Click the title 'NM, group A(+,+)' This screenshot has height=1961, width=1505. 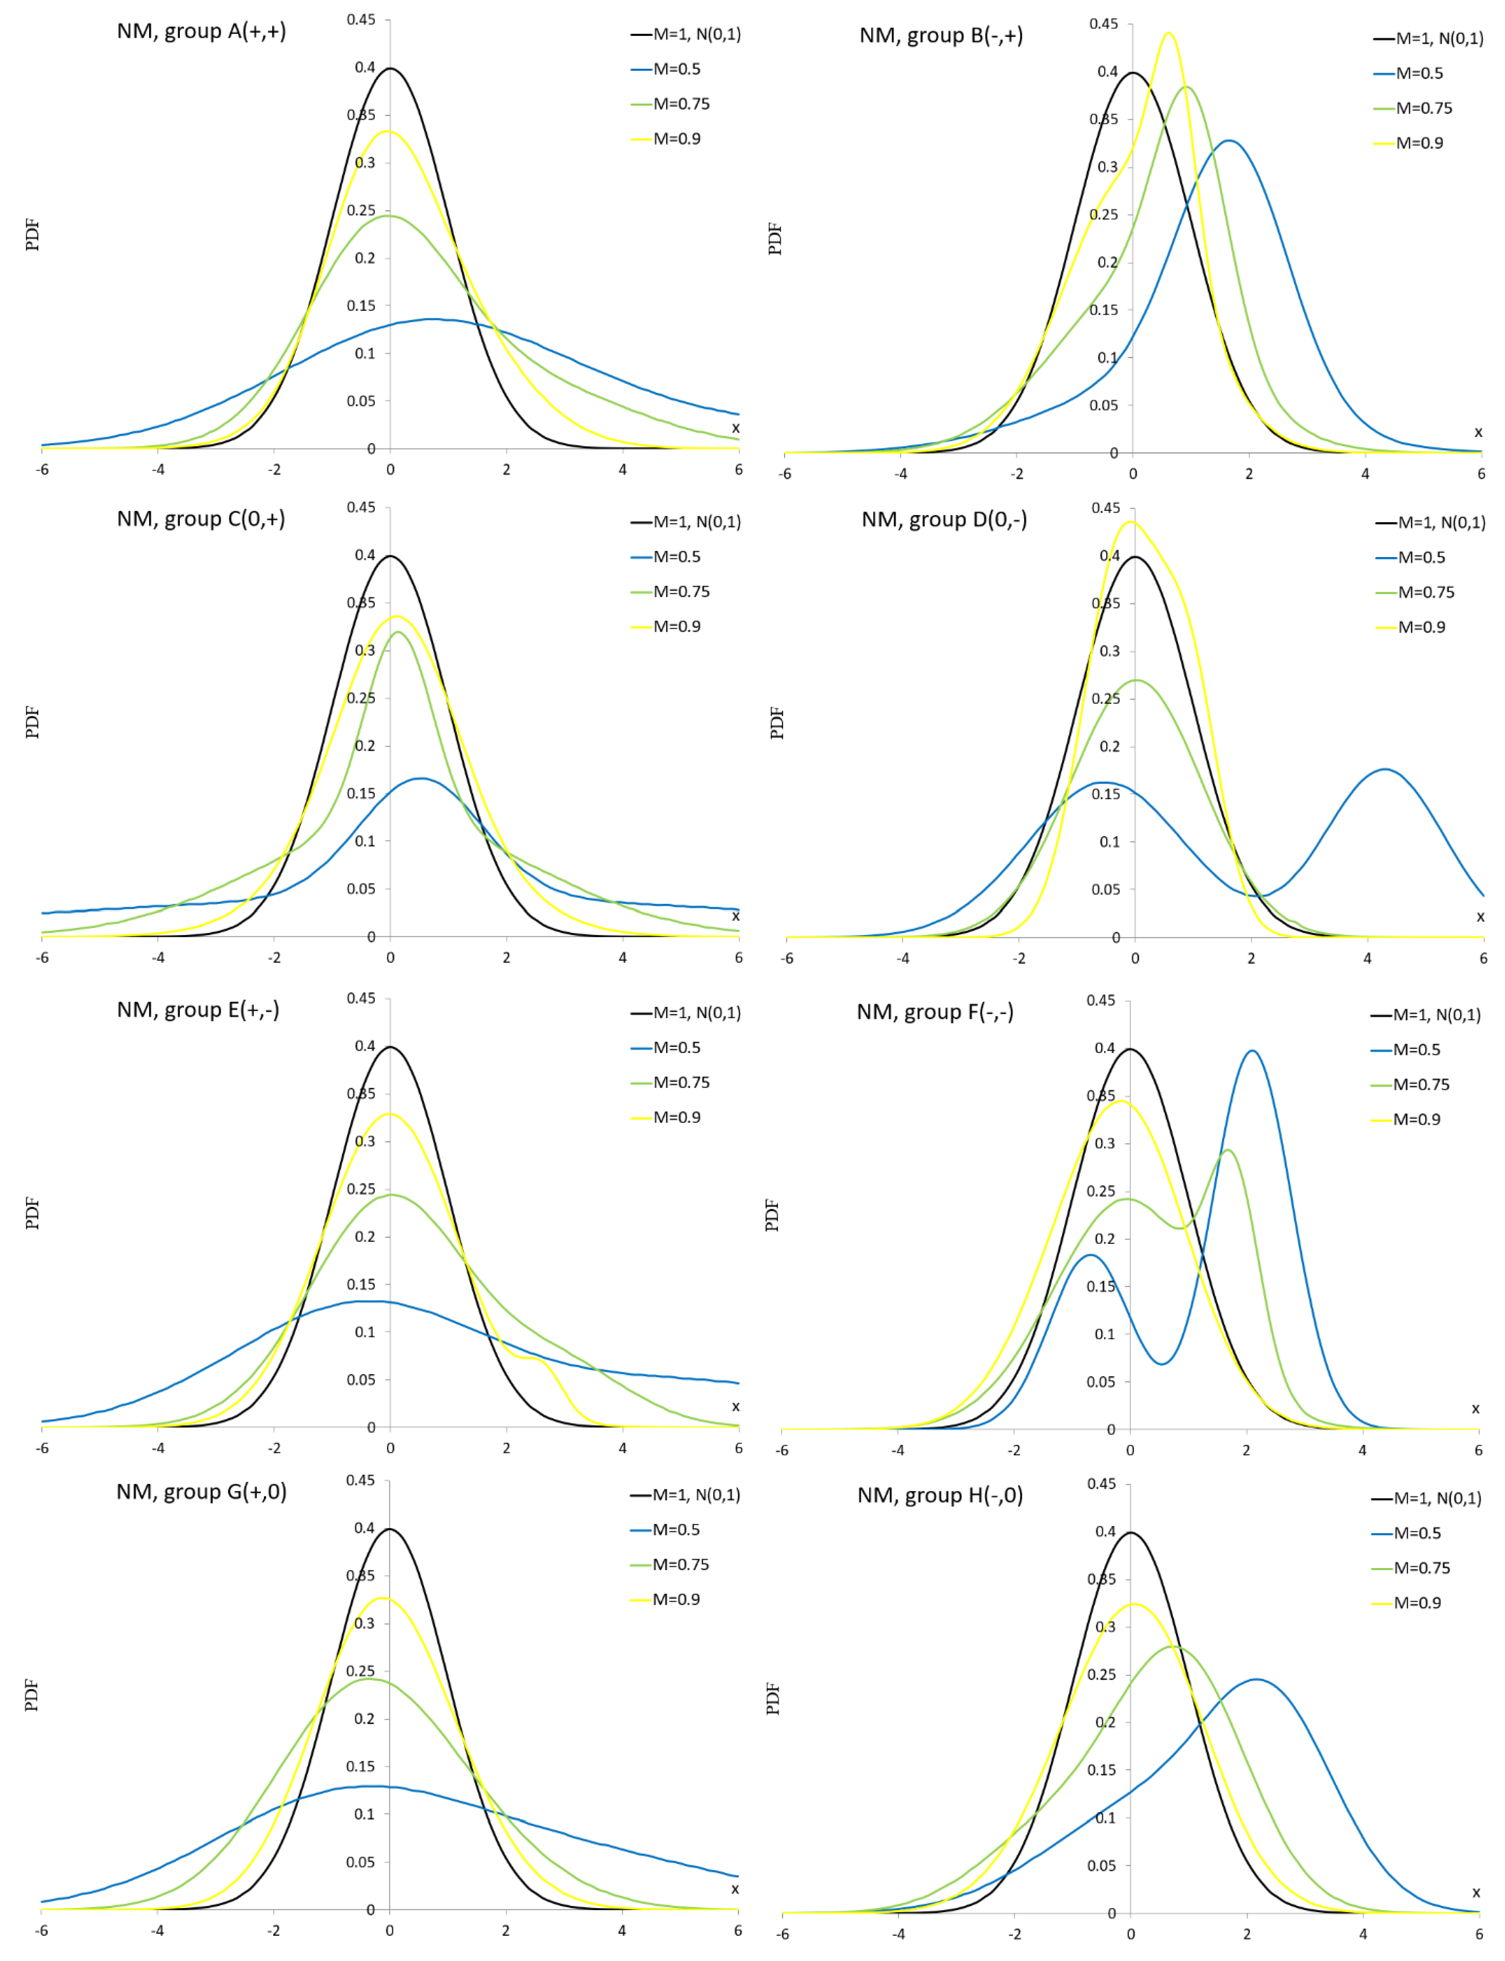[202, 32]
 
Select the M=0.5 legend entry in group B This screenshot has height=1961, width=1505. [1419, 74]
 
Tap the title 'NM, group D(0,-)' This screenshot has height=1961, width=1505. [944, 519]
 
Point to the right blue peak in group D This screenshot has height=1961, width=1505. [1385, 770]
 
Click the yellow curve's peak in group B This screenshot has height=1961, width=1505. [1168, 34]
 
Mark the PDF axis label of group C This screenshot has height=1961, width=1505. [33, 722]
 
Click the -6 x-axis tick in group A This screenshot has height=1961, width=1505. [42, 469]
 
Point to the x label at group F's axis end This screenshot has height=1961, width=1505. [1475, 1409]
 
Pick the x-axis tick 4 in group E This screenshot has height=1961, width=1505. [623, 1448]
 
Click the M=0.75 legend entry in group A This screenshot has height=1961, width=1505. [681, 104]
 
